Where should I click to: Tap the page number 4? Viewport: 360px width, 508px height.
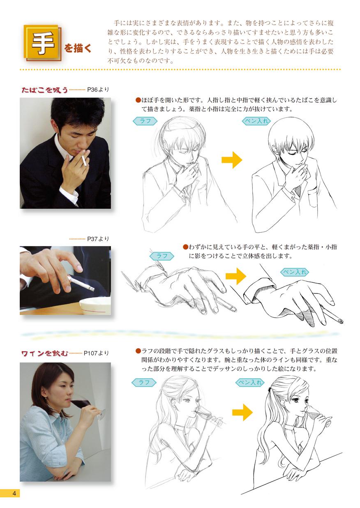[14, 493]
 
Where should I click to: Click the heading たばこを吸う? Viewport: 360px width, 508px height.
[44, 90]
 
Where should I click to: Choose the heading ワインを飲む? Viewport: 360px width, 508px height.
[44, 353]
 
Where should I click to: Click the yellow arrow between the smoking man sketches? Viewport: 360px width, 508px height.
[232, 160]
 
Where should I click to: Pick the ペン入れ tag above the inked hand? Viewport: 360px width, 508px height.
[294, 272]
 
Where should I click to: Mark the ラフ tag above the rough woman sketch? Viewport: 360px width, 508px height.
[144, 382]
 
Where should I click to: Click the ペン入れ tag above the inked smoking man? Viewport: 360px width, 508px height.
[256, 121]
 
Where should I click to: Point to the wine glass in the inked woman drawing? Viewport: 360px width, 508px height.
[318, 415]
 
